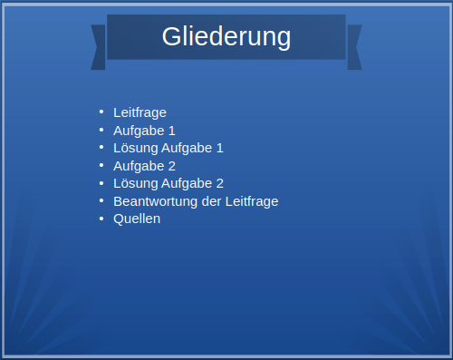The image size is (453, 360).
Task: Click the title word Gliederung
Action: (x=226, y=37)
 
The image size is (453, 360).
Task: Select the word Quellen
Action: (x=137, y=219)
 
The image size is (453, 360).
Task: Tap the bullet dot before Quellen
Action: (x=101, y=218)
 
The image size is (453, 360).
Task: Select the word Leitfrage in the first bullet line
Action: (x=140, y=112)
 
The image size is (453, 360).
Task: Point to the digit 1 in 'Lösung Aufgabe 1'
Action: (x=219, y=148)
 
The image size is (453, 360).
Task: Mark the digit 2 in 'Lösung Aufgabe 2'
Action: (x=219, y=183)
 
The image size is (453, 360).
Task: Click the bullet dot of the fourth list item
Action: (x=101, y=165)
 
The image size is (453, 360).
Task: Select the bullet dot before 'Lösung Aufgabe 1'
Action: (x=101, y=147)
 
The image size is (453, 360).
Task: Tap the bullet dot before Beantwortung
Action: (x=101, y=200)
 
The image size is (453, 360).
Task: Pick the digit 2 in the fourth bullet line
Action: (x=172, y=166)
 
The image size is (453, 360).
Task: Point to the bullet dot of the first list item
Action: (x=101, y=112)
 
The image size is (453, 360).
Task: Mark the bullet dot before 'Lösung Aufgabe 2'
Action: (x=101, y=182)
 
